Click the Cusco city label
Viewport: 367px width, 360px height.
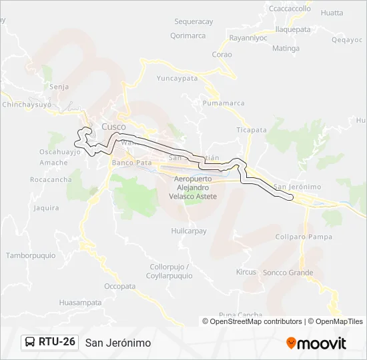tap(113, 127)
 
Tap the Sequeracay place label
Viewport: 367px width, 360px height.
tap(194, 22)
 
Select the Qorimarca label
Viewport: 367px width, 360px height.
tap(188, 36)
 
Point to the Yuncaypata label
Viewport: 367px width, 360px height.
tap(177, 78)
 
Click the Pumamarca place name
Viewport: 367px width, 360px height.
tap(225, 103)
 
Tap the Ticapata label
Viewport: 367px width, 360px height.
tap(252, 130)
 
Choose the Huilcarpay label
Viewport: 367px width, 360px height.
tap(189, 231)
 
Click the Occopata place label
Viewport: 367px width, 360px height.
tap(120, 286)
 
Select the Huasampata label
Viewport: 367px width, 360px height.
tap(80, 302)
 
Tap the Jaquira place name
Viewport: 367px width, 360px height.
tap(46, 208)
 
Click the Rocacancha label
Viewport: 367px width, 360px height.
tap(51, 180)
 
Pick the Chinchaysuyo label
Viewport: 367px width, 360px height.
tap(27, 105)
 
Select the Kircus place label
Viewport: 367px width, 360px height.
tap(246, 272)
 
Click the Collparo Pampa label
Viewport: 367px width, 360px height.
tap(304, 237)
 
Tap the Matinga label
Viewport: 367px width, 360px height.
tap(286, 49)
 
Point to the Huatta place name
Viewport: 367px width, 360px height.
tap(332, 13)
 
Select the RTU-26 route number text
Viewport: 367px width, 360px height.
tap(57, 343)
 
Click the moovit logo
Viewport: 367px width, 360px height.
tap(316, 343)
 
